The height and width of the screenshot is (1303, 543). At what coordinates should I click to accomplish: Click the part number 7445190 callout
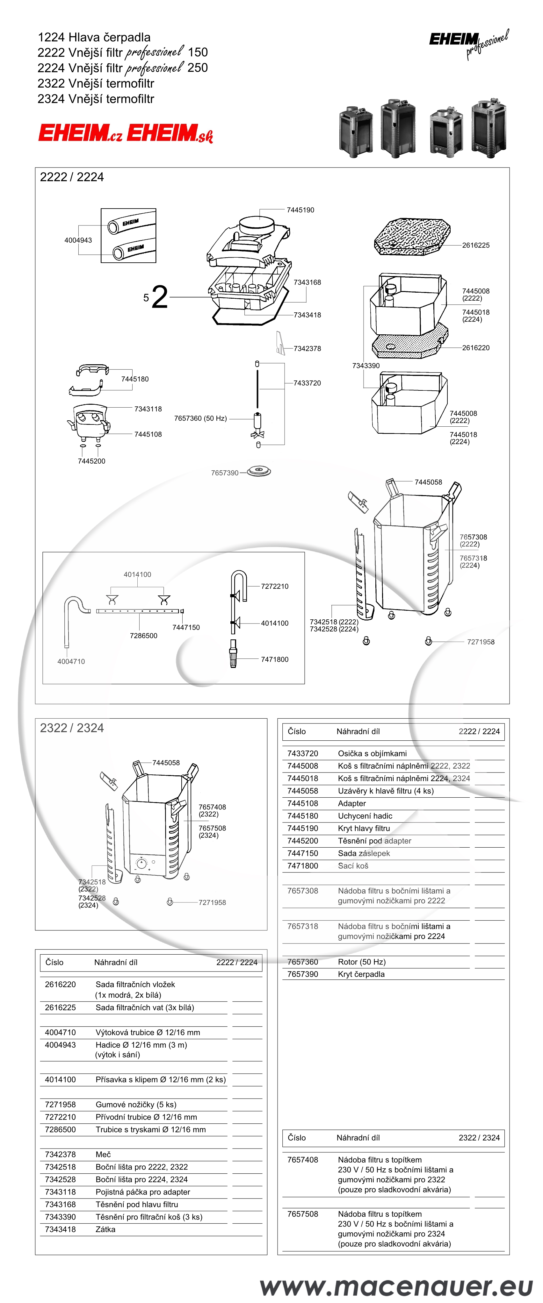(x=300, y=210)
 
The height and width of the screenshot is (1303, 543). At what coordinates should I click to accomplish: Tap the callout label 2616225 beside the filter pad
(x=476, y=245)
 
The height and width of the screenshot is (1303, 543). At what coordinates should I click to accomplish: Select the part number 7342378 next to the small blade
(x=307, y=348)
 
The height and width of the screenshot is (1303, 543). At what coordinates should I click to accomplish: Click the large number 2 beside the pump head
(x=159, y=297)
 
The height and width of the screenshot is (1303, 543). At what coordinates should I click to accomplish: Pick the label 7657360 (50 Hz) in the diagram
(x=200, y=418)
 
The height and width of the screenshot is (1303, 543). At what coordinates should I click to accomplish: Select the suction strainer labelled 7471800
(x=233, y=653)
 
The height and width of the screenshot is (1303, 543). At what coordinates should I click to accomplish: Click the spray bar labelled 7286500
(x=140, y=611)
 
